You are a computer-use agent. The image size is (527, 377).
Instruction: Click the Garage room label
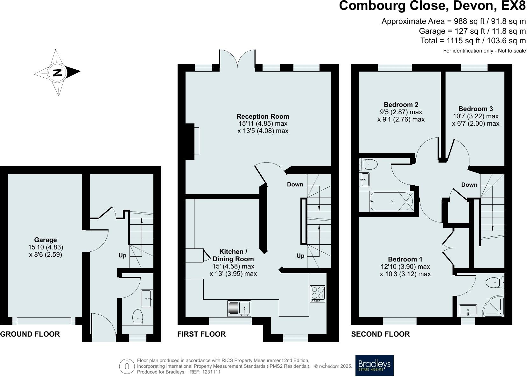click(45, 240)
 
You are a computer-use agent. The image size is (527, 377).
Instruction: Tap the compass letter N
click(57, 73)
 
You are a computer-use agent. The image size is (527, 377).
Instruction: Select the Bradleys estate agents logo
click(374, 365)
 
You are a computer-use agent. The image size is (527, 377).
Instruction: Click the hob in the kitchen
click(317, 294)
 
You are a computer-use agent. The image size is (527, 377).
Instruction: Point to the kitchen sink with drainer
click(239, 308)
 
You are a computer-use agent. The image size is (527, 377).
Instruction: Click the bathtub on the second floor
click(391, 201)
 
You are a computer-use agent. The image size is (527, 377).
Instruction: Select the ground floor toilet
click(137, 316)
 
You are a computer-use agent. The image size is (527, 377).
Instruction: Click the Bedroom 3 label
click(475, 109)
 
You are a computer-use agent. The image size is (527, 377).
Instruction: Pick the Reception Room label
click(263, 116)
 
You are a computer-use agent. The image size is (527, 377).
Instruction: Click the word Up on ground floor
click(123, 255)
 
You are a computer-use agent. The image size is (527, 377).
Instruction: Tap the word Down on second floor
click(469, 185)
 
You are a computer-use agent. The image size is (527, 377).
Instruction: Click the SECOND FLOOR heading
click(380, 334)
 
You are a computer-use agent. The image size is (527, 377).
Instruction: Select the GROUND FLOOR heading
click(30, 334)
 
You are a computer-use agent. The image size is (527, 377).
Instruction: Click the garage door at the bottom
click(44, 321)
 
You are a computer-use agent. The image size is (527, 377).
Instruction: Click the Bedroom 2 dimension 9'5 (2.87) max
click(401, 112)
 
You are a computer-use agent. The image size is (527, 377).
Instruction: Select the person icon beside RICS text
click(127, 367)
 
